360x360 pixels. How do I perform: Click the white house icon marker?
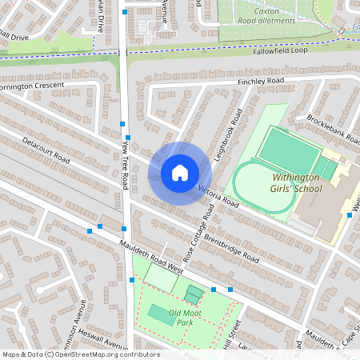[x=180, y=173]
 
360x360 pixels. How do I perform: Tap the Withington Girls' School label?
[x=286, y=183]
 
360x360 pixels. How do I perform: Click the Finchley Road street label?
[x=261, y=82]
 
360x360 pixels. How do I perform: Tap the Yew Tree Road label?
[x=126, y=166]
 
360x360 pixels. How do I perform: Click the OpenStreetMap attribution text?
[x=82, y=354]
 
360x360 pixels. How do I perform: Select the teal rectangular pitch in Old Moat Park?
[x=161, y=315]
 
